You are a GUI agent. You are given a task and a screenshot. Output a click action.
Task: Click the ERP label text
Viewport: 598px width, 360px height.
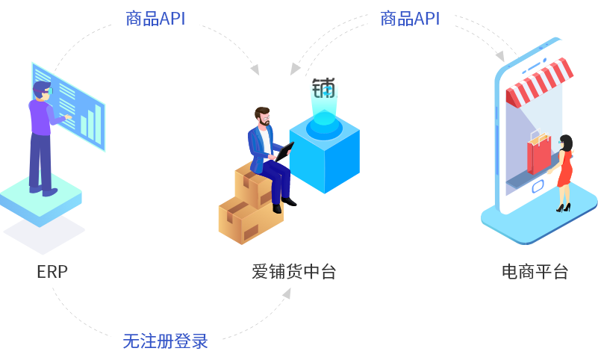(52, 272)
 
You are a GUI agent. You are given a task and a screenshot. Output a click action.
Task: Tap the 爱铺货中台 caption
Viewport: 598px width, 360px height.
(293, 272)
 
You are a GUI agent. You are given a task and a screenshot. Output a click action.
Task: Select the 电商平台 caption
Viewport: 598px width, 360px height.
(535, 272)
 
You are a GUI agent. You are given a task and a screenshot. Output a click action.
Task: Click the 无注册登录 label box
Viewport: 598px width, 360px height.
(166, 342)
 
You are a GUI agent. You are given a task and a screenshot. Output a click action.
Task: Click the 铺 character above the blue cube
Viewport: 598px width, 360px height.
(324, 89)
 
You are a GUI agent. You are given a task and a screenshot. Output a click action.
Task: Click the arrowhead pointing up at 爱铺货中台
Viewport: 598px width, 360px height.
(287, 293)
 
